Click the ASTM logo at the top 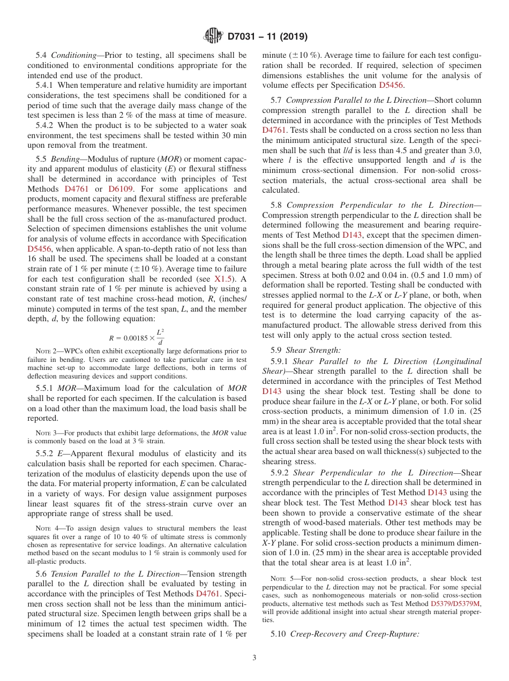point(214,36)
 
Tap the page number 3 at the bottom point(254,658)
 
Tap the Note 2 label point(46,351)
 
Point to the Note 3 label point(46,433)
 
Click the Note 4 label point(46,528)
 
